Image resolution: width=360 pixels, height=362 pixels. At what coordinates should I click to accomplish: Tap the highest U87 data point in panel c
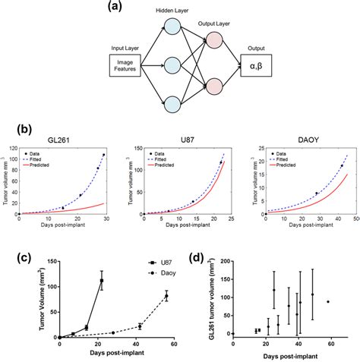[x=101, y=281]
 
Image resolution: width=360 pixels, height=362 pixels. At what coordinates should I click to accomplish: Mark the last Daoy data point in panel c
[x=166, y=296]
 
